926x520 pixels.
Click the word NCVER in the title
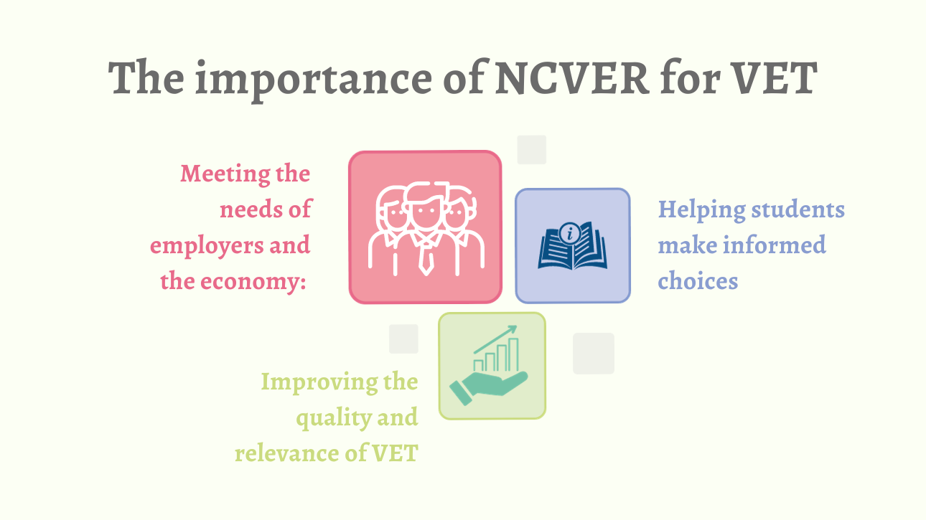click(572, 77)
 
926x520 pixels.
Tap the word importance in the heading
click(314, 81)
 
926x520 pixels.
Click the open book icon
click(573, 246)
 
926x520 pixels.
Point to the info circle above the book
click(570, 233)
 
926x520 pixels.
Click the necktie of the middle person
click(426, 260)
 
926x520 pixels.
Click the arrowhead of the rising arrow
click(513, 328)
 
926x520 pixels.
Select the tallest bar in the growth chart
click(513, 354)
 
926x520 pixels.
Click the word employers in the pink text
click(207, 247)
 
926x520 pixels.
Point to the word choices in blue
click(698, 281)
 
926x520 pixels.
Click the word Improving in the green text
click(319, 382)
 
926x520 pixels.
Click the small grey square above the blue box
click(532, 149)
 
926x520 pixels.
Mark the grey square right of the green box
click(594, 354)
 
